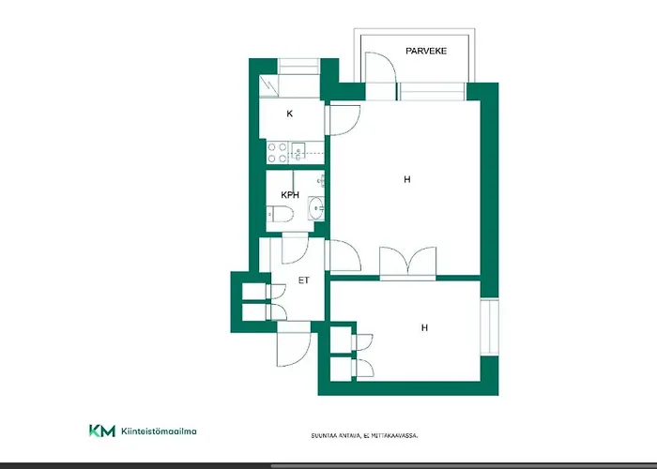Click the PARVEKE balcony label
pyautogui.click(x=426, y=52)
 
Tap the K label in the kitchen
pyautogui.click(x=290, y=113)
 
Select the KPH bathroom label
pyautogui.click(x=289, y=195)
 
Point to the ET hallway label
pyautogui.click(x=303, y=280)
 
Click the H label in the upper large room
pyautogui.click(x=407, y=179)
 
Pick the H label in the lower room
pyautogui.click(x=424, y=328)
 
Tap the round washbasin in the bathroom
pyautogui.click(x=316, y=207)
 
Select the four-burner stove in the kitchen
pyautogui.click(x=278, y=153)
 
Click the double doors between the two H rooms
pyautogui.click(x=407, y=263)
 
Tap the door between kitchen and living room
pyautogui.click(x=342, y=120)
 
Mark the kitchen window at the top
pyautogui.click(x=299, y=66)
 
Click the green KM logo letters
pyautogui.click(x=101, y=431)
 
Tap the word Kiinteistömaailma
pyautogui.click(x=160, y=431)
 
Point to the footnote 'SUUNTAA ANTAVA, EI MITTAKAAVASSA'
pyautogui.click(x=363, y=436)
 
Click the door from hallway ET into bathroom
pyautogui.click(x=296, y=248)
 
